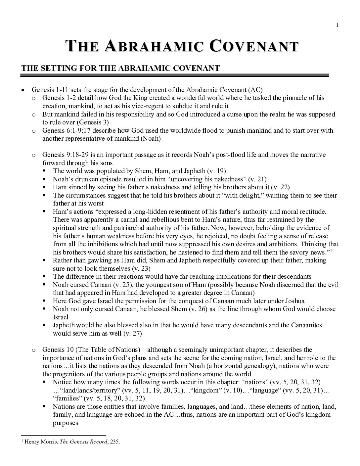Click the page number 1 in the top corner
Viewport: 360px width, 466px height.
(337, 25)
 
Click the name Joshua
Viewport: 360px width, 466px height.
(294, 301)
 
